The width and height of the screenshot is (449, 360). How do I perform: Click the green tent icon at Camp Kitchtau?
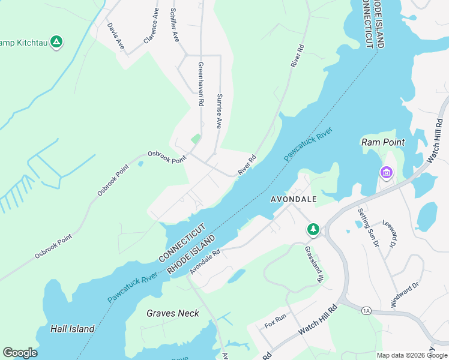[x=56, y=42]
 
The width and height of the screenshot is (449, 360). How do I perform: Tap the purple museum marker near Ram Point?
[x=386, y=173]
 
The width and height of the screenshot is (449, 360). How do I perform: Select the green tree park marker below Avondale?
[x=313, y=229]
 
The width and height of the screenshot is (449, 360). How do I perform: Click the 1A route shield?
[x=367, y=310]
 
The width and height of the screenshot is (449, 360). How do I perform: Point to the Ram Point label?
[x=382, y=142]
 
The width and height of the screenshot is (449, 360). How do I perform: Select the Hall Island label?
[x=72, y=328]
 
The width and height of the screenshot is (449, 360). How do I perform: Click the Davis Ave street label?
[x=115, y=36]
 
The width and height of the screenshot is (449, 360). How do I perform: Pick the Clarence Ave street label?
[x=151, y=26]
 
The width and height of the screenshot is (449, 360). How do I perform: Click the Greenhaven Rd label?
[x=201, y=84]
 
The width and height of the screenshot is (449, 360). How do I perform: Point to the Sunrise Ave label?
[x=220, y=112]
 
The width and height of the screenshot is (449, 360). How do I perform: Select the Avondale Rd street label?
[x=205, y=262]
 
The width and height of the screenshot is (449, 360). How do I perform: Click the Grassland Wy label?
[x=314, y=265]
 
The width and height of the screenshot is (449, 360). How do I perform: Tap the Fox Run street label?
[x=276, y=322]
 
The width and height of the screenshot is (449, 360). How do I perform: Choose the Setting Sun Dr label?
[x=369, y=227]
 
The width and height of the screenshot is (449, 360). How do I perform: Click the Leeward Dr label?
[x=392, y=233]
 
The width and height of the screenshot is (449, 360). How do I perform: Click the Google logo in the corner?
[x=20, y=353]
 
